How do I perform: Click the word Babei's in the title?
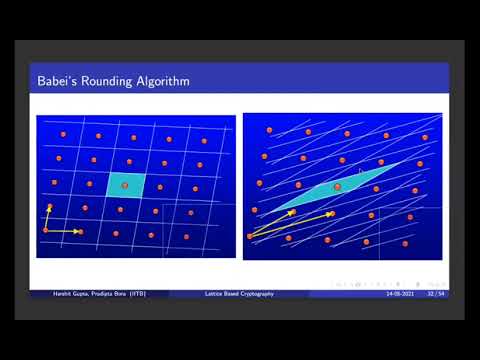click(57, 80)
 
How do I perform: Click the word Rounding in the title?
click(106, 80)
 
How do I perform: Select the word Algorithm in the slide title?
click(162, 80)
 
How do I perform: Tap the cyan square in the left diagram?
click(126, 185)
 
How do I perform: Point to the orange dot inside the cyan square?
click(125, 185)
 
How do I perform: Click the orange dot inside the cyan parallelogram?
click(337, 186)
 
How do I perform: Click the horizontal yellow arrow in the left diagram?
click(62, 231)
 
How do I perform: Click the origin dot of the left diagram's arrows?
click(46, 231)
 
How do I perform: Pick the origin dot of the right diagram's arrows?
click(250, 237)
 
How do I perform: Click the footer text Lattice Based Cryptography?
click(237, 294)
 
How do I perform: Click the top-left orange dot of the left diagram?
click(62, 133)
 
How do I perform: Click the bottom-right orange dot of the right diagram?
click(406, 243)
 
